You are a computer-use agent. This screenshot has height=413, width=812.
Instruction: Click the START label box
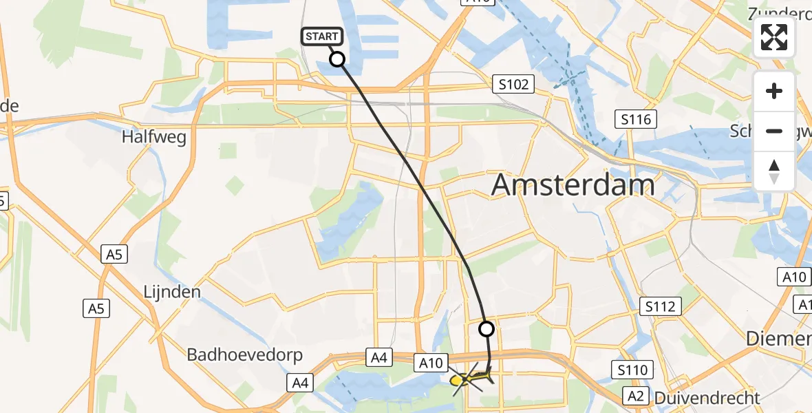(x=321, y=36)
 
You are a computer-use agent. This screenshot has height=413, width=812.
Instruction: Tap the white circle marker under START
(x=337, y=59)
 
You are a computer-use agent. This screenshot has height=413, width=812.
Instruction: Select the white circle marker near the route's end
(x=487, y=329)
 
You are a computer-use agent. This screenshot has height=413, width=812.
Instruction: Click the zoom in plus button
(x=774, y=91)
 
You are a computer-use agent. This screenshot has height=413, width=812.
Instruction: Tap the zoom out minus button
(x=774, y=131)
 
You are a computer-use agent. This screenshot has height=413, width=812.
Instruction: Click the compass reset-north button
(x=774, y=171)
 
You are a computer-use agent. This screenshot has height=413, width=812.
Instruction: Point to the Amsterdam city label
(x=573, y=185)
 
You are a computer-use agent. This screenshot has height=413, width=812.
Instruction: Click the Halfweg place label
(x=154, y=137)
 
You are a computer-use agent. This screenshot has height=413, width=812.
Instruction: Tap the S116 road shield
(x=635, y=120)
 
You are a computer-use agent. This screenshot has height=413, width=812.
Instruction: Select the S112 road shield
(x=661, y=306)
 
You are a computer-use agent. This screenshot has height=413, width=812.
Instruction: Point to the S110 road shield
(x=632, y=371)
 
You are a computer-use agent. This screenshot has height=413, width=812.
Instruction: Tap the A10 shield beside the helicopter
(x=431, y=361)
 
